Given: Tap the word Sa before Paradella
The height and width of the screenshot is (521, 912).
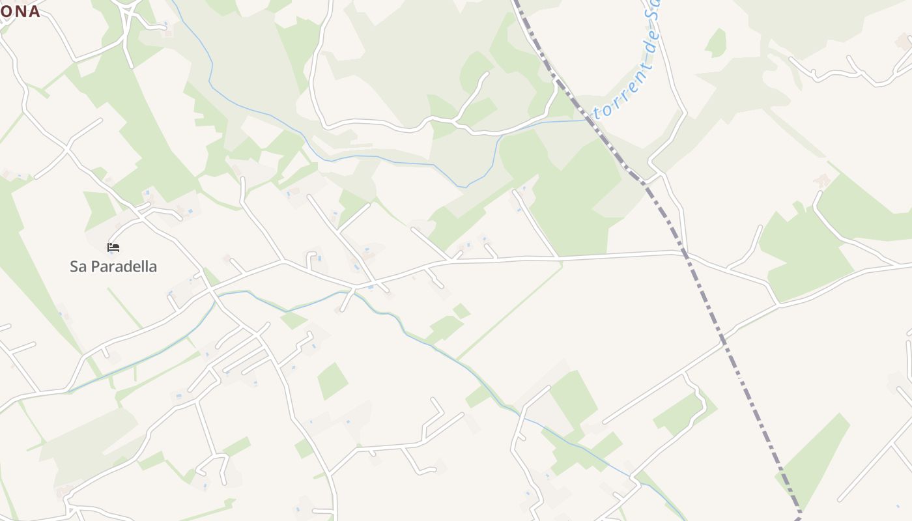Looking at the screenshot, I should [x=78, y=267].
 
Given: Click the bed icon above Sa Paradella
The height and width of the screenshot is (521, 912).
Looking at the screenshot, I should [x=113, y=247].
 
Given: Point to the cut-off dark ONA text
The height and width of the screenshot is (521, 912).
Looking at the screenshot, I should [x=20, y=11].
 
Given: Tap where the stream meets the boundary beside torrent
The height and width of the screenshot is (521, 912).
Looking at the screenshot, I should [x=589, y=120].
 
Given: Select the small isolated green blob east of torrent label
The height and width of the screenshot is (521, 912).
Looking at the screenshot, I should [x=717, y=43].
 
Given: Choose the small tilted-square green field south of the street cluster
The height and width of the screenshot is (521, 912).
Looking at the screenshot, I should [x=332, y=380].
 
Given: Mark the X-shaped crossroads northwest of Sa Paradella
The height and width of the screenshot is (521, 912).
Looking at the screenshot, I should [x=66, y=148].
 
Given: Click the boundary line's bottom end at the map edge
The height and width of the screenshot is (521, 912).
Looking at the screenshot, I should [x=799, y=518].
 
